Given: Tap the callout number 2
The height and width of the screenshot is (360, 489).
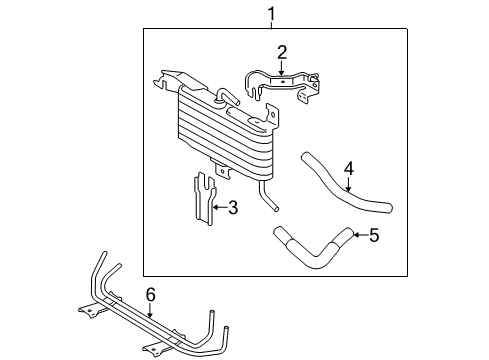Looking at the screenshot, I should pos(282,51).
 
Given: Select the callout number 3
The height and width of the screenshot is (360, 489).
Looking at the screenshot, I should pos(232,208).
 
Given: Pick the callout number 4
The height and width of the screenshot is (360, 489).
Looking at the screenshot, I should pos(349,169).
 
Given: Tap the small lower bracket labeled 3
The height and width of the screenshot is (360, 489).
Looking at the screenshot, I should pos(204,205).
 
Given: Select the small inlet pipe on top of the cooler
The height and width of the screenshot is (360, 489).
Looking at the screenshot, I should pos(227,95).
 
